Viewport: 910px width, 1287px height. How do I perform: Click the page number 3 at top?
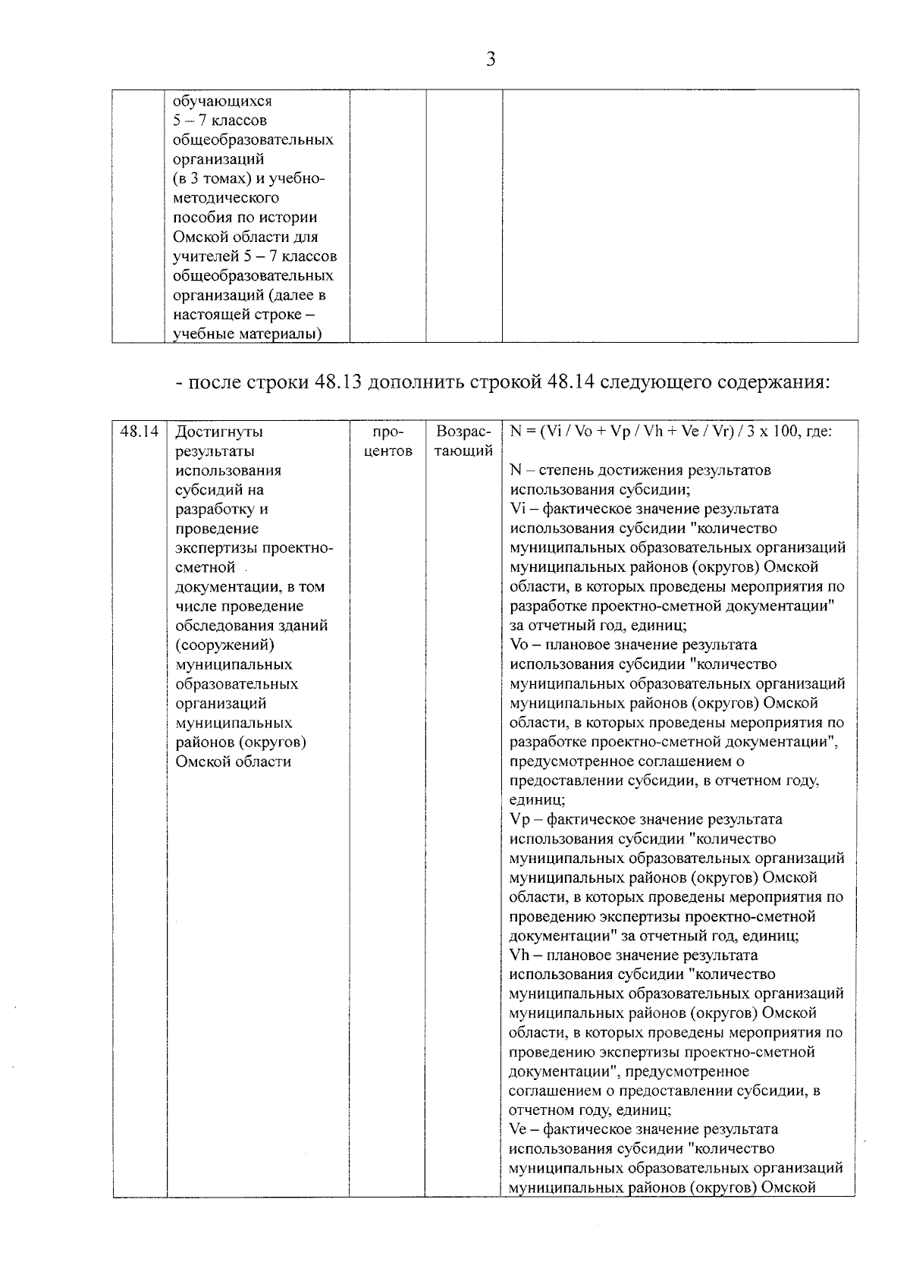491,59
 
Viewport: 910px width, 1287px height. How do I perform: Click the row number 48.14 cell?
140,432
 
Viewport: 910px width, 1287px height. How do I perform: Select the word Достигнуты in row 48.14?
219,432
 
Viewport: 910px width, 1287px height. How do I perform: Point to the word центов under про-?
388,451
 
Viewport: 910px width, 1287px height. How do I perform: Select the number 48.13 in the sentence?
338,381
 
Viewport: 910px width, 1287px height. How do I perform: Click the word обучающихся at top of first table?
222,101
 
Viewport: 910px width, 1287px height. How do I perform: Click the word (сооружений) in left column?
224,645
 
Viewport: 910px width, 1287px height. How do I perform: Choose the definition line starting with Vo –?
633,645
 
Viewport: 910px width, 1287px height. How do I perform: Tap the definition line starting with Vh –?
633,955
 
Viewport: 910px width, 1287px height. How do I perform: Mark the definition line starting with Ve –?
644,1129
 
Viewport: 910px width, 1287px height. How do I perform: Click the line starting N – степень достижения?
640,470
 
